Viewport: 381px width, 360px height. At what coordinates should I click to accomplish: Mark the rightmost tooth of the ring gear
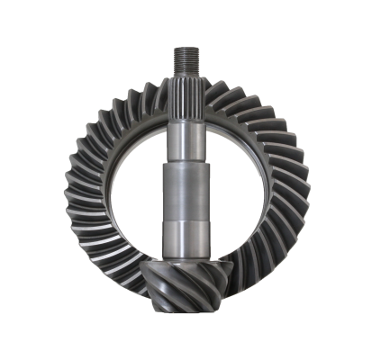click(304, 189)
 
